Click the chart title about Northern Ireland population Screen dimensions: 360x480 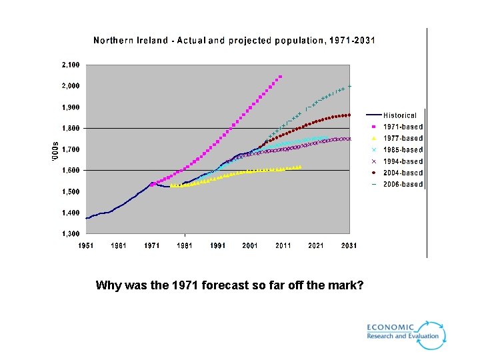point(234,41)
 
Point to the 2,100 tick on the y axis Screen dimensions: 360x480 point(71,65)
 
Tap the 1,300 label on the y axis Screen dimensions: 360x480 point(71,234)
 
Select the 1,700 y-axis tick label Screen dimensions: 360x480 point(71,149)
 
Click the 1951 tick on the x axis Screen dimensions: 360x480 point(86,246)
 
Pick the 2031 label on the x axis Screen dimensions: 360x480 point(349,246)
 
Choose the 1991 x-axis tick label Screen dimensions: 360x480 point(217,246)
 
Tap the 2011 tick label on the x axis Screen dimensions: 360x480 point(283,246)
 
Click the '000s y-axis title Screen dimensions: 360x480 point(55,149)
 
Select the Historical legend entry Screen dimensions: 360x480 point(399,115)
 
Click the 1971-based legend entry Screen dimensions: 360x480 point(403,127)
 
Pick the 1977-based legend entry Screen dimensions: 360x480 point(403,138)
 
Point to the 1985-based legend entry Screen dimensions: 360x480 point(403,150)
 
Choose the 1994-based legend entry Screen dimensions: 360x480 point(403,161)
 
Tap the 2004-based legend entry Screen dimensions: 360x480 point(403,173)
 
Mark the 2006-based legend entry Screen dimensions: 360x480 point(403,184)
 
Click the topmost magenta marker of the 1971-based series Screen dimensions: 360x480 point(280,77)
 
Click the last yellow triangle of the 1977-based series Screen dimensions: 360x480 point(300,167)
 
